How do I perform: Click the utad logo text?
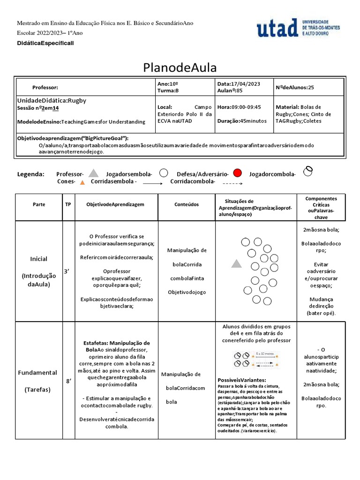(x=277, y=28)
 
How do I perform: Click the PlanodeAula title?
(x=180, y=67)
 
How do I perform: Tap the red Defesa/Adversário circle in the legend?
(x=237, y=173)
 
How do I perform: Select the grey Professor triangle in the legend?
(x=94, y=173)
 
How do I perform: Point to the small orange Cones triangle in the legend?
(x=82, y=182)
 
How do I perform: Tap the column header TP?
(x=68, y=204)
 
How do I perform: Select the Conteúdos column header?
(x=187, y=204)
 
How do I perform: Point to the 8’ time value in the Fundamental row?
(x=68, y=381)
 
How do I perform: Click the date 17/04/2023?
(x=246, y=83)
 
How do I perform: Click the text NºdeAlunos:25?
(x=295, y=87)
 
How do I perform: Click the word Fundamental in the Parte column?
(x=37, y=373)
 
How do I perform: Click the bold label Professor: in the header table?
(x=45, y=88)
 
